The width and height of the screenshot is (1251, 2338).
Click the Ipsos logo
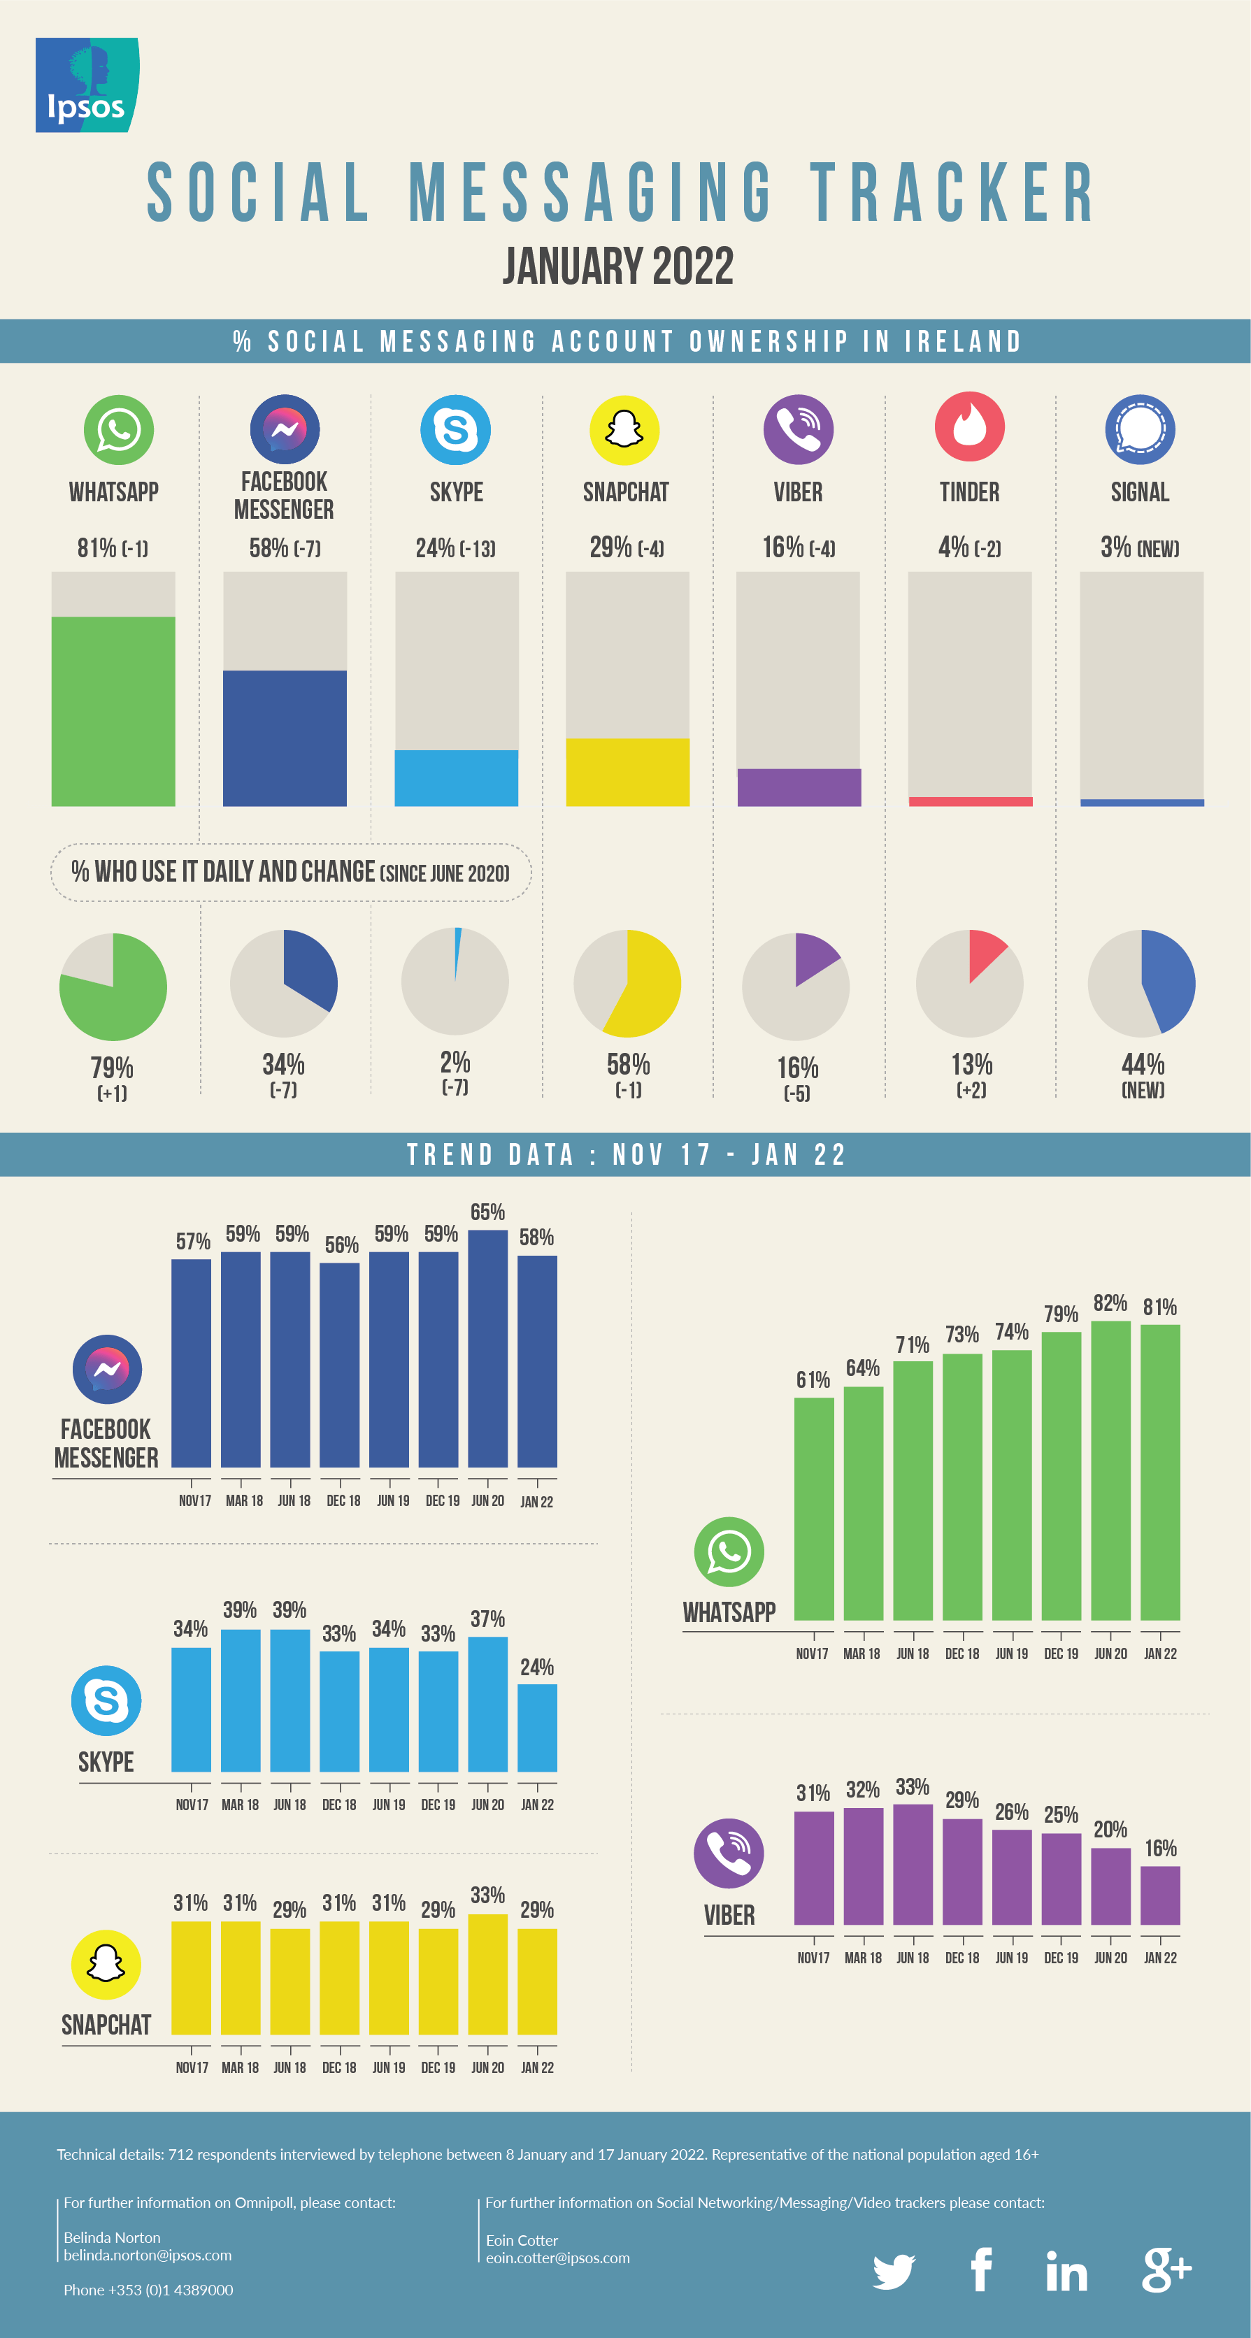tap(86, 85)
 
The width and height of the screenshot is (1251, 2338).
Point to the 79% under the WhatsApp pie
tap(112, 1068)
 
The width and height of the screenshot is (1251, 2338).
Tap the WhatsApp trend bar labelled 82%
tap(1110, 1470)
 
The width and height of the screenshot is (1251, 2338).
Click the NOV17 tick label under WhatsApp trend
tap(812, 1654)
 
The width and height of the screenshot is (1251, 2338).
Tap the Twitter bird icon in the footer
tap(893, 2271)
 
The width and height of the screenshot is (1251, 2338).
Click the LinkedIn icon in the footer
tap(1066, 2271)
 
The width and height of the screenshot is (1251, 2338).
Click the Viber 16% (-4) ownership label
tap(798, 547)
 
